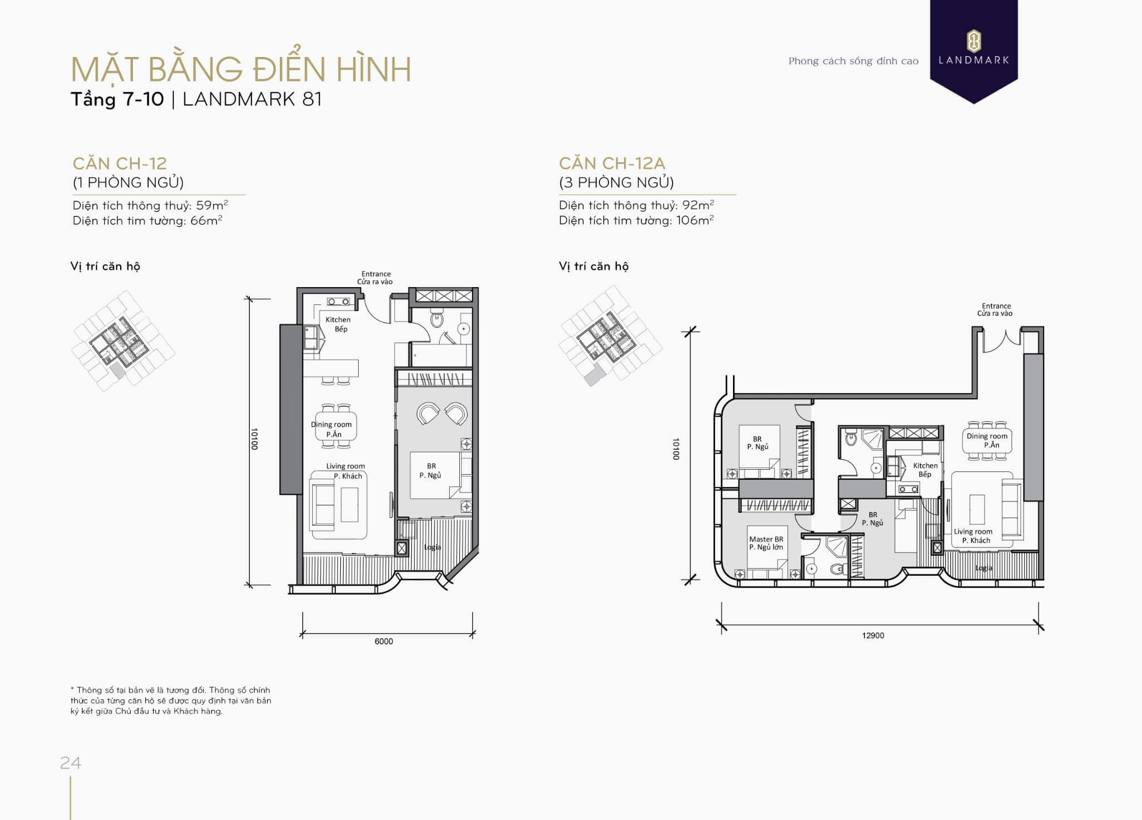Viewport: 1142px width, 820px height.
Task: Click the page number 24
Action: point(70,762)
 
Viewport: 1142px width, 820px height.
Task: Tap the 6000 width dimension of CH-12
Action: point(383,641)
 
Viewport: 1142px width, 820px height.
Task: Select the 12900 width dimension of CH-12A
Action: point(873,635)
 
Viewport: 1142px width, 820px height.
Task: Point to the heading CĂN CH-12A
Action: point(612,163)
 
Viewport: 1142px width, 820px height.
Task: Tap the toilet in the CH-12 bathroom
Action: point(436,320)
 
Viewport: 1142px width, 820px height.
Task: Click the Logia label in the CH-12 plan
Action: point(432,547)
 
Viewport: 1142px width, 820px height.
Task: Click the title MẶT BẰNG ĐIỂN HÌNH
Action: point(241,69)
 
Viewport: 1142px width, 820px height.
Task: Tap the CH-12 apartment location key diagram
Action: point(123,341)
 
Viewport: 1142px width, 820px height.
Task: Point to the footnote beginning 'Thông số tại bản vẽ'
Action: point(171,700)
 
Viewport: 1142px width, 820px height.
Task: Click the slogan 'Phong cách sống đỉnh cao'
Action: point(853,61)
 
